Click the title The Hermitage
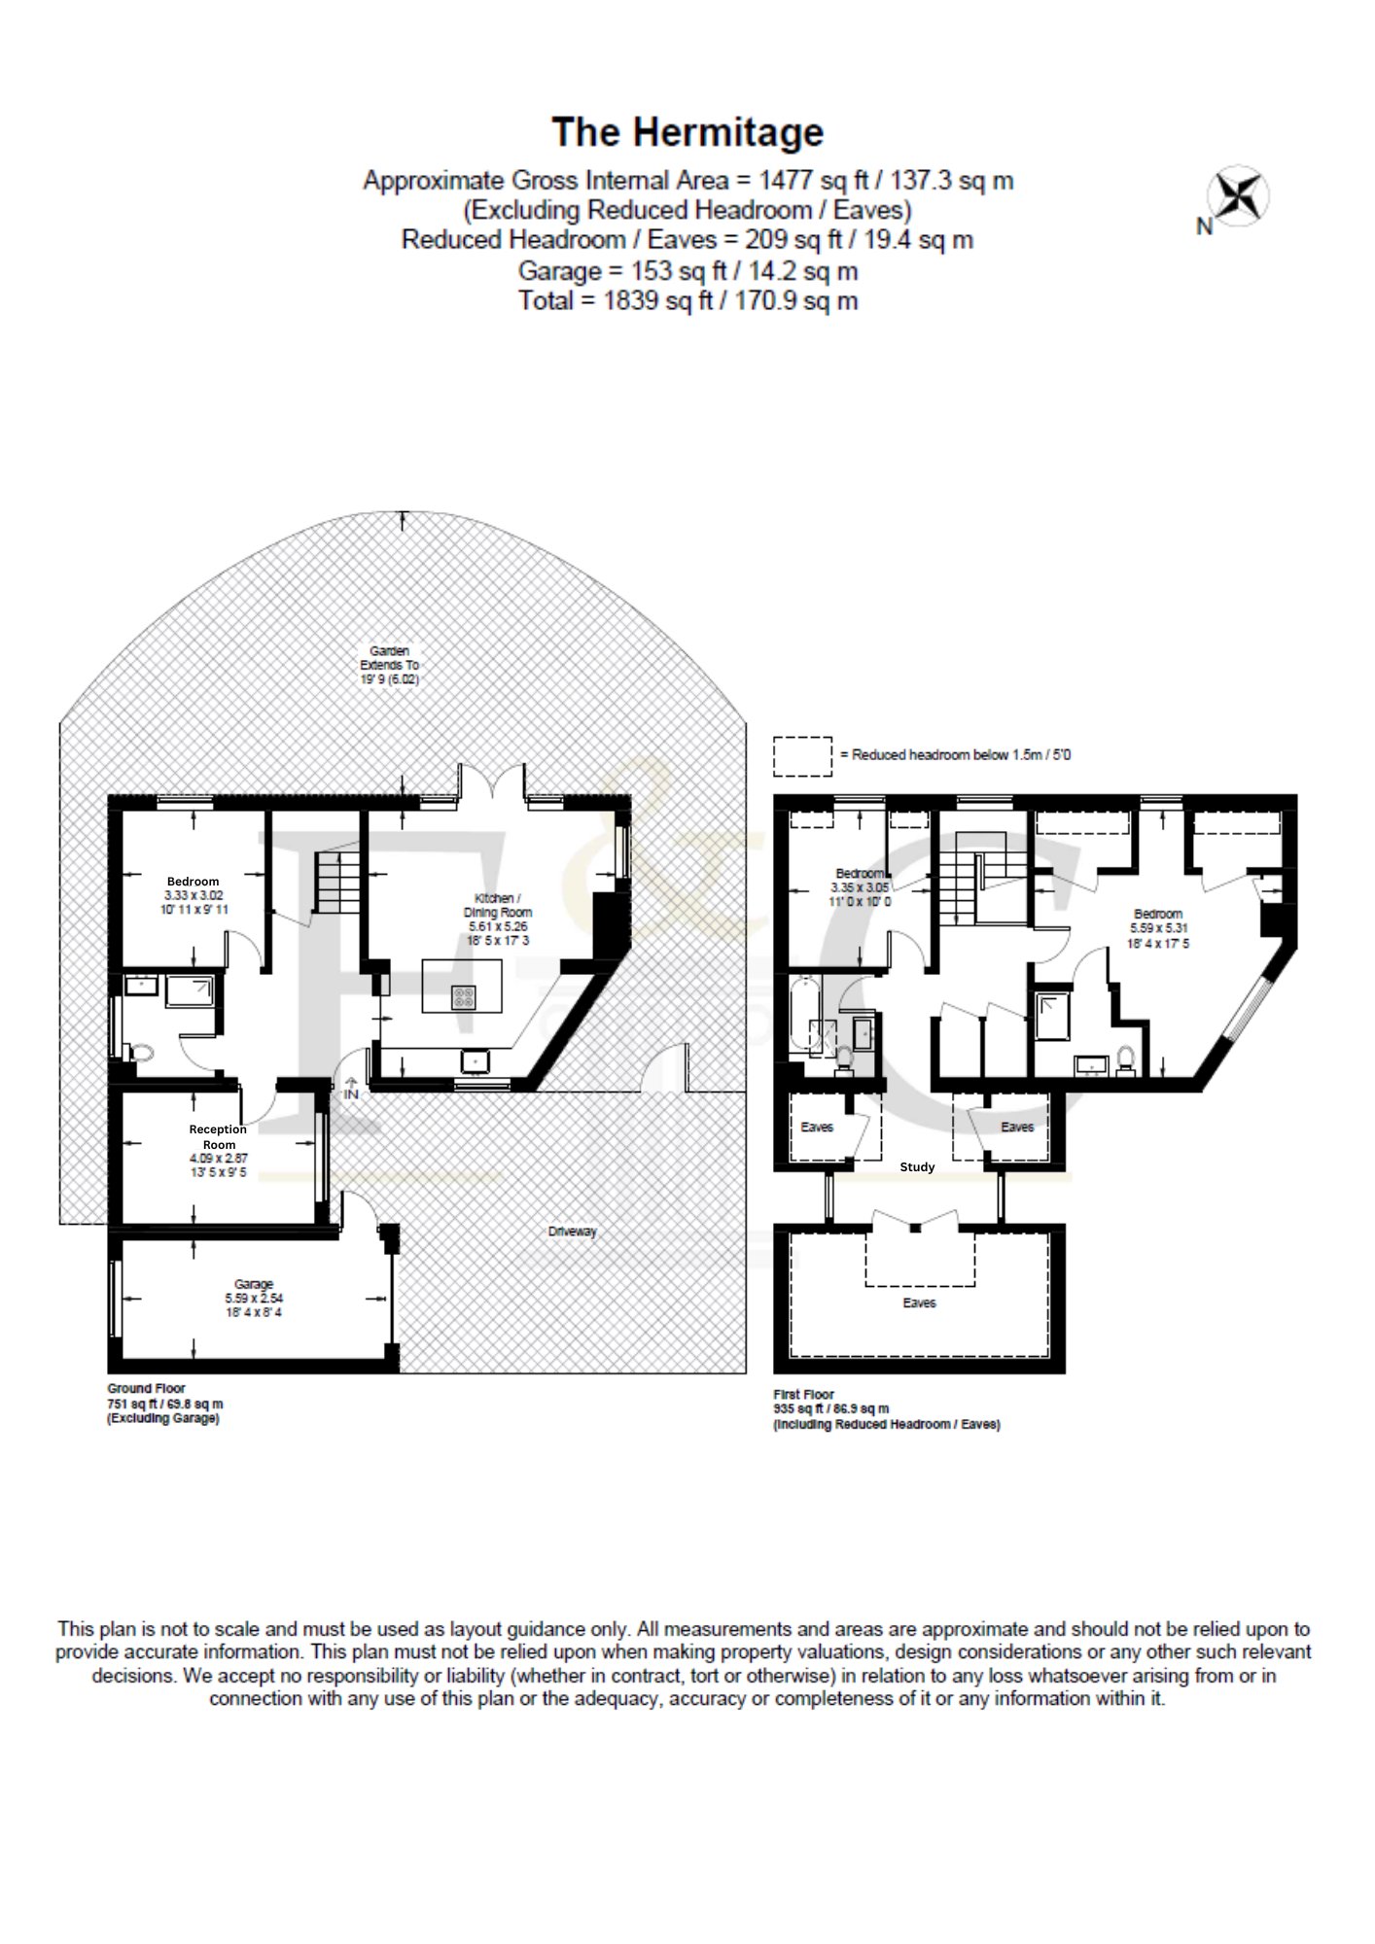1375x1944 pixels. pos(687,133)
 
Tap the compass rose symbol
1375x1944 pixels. pos(1238,197)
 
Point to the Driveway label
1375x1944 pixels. pos(572,1232)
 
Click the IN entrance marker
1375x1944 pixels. pos(351,1089)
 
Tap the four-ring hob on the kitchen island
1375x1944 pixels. pos(464,996)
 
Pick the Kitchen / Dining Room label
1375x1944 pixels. pos(498,920)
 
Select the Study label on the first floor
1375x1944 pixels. pos(917,1167)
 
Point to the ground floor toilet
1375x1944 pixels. pos(141,1053)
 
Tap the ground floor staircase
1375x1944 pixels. pos(337,882)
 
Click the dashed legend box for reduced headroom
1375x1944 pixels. pos(802,756)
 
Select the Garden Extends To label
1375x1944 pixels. pos(390,665)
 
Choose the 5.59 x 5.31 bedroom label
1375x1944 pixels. pos(1158,928)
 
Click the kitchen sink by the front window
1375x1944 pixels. pos(476,1060)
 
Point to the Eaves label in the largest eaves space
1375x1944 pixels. pos(919,1302)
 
